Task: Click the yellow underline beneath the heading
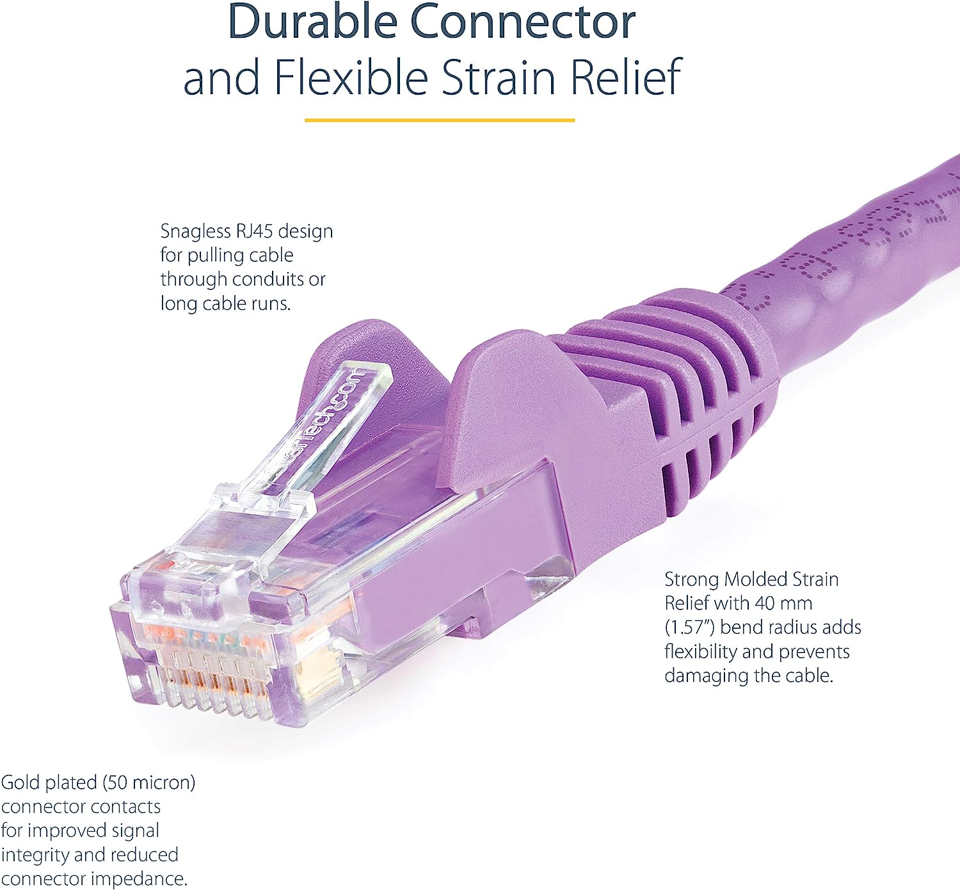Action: (439, 120)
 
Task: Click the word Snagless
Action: (195, 231)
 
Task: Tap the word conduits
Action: (268, 279)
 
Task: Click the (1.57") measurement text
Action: (689, 627)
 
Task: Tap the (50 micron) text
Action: (148, 782)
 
